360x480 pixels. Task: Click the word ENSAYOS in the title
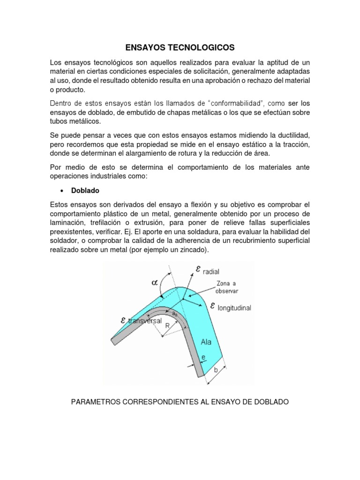pyautogui.click(x=146, y=47)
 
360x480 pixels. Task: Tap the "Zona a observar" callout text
pyautogui.click(x=227, y=287)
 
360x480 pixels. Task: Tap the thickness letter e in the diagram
pyautogui.click(x=203, y=358)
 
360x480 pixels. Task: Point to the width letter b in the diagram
pyautogui.click(x=216, y=370)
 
